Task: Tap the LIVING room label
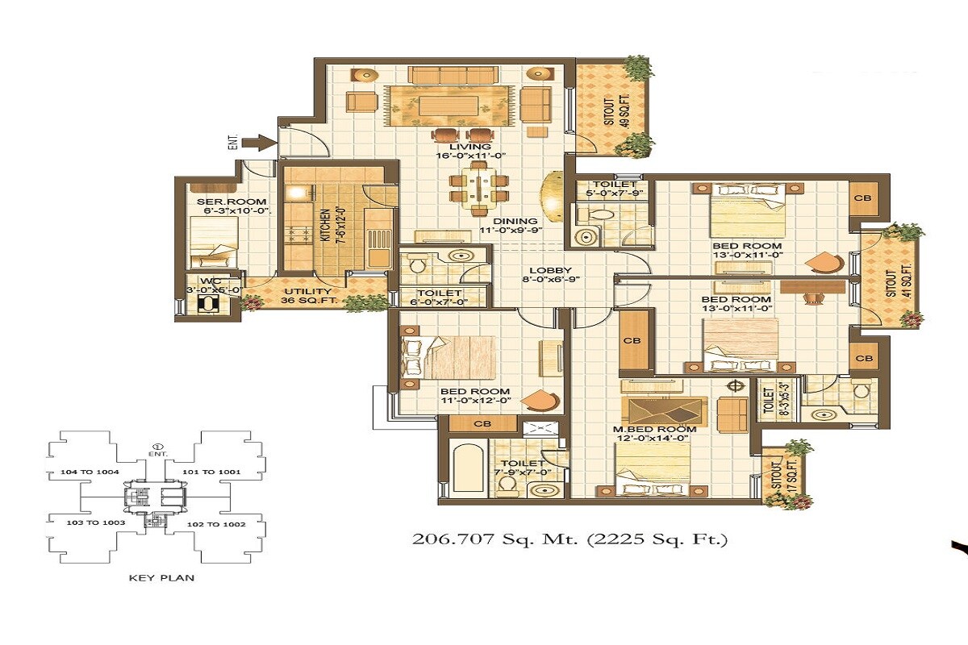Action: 474,147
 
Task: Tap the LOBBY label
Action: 550,271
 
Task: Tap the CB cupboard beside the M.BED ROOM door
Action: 632,341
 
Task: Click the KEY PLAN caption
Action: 161,577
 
